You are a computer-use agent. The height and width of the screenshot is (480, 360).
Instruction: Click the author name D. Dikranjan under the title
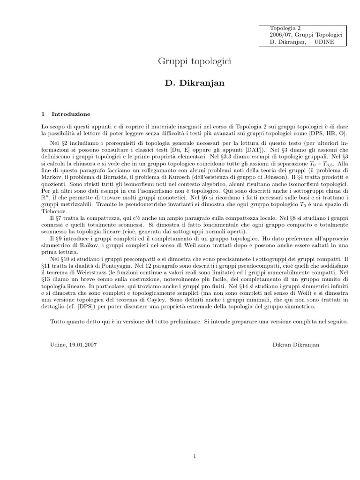click(194, 83)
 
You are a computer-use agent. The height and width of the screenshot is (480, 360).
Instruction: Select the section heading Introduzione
click(71, 114)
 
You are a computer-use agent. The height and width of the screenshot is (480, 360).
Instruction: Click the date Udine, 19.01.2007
click(73, 345)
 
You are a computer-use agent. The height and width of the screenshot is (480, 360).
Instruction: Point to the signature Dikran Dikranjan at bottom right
click(296, 345)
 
